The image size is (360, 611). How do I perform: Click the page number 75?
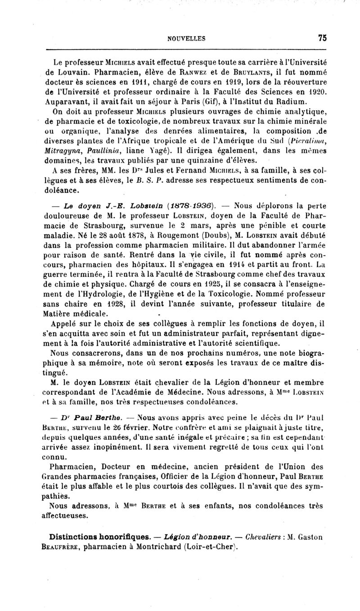tap(321, 39)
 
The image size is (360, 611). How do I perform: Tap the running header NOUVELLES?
tap(187, 39)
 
